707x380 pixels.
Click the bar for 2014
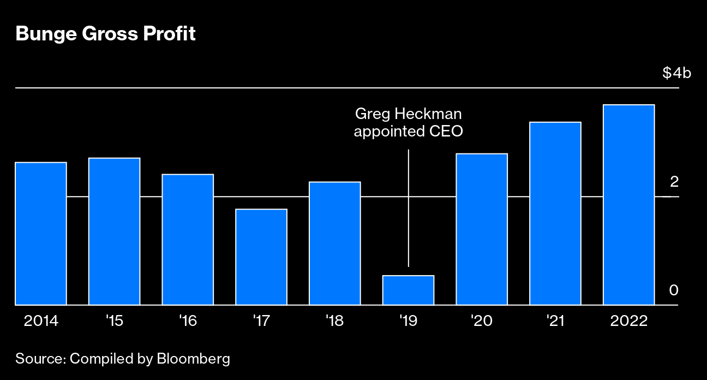pyautogui.click(x=41, y=233)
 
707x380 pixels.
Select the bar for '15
pyautogui.click(x=114, y=231)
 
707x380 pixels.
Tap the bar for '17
pyautogui.click(x=261, y=257)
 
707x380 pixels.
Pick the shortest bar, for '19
pyautogui.click(x=408, y=290)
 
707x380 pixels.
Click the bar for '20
pyautogui.click(x=482, y=229)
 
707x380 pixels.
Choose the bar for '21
pyautogui.click(x=555, y=213)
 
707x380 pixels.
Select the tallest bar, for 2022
pyautogui.click(x=628, y=204)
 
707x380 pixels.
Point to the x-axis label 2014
pyautogui.click(x=41, y=320)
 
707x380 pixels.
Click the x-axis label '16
pyautogui.click(x=188, y=320)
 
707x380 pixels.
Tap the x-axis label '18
pyautogui.click(x=334, y=320)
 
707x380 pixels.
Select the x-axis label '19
pyautogui.click(x=408, y=320)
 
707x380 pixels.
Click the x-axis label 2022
pyautogui.click(x=628, y=320)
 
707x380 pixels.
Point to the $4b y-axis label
pyautogui.click(x=676, y=73)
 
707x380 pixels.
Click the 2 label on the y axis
pyautogui.click(x=674, y=181)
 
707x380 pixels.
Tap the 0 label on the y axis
pyautogui.click(x=674, y=290)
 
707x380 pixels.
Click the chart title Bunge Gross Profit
pyautogui.click(x=105, y=34)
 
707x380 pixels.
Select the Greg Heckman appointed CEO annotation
pyautogui.click(x=408, y=123)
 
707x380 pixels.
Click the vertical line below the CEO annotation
pyautogui.click(x=409, y=207)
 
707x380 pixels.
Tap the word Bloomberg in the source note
pyautogui.click(x=193, y=359)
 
